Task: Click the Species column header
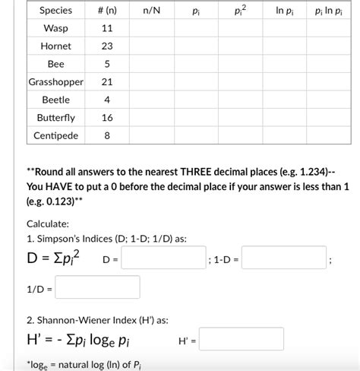pos(55,11)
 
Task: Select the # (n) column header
pos(107,11)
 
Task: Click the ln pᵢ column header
pos(285,11)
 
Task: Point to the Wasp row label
pos(55,28)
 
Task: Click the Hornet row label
pos(55,46)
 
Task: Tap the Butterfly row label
pos(55,118)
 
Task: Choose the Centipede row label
pos(55,136)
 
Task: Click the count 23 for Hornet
pos(107,46)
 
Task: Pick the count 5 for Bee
pos(107,64)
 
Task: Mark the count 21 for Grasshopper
pos(107,82)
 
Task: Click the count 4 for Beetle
pos(107,100)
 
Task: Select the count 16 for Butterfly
pos(107,118)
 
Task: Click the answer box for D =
pos(163,260)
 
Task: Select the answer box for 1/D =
pos(97,287)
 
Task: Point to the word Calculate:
pos(48,224)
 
